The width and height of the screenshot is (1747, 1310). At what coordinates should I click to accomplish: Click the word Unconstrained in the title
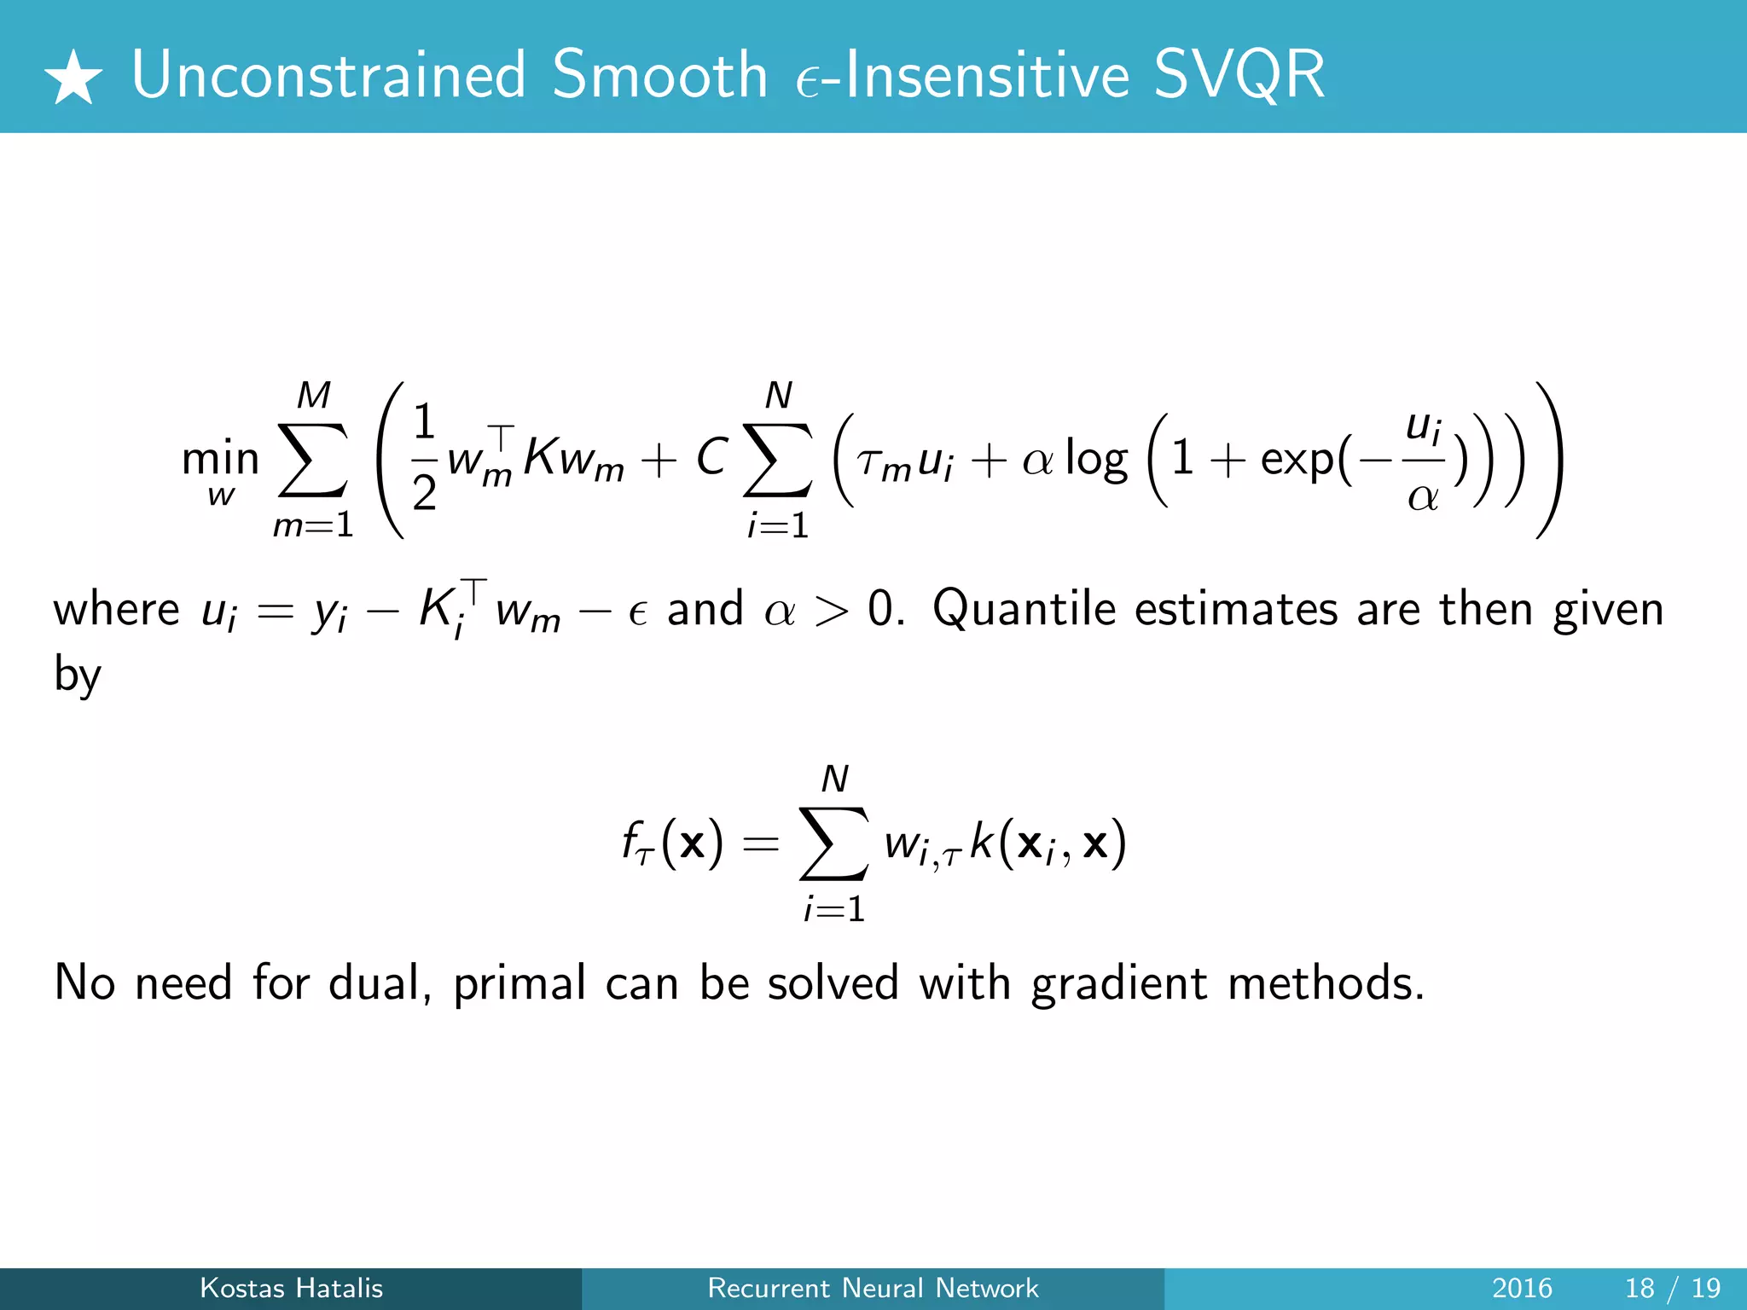[329, 75]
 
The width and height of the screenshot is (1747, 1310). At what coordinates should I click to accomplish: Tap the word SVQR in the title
[1239, 75]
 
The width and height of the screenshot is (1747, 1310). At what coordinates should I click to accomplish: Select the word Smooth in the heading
[659, 75]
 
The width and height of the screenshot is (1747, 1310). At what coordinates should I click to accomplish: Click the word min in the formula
[220, 459]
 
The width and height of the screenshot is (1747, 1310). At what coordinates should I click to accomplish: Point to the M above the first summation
[313, 396]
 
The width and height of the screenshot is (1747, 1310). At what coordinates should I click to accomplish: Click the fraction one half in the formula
[424, 458]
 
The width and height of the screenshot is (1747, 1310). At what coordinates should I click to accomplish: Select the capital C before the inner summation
[711, 458]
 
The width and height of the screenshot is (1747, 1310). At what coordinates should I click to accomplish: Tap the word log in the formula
[1096, 461]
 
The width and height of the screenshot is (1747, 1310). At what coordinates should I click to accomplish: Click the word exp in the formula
[1297, 461]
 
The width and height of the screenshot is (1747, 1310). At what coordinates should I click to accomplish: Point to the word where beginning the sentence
[116, 611]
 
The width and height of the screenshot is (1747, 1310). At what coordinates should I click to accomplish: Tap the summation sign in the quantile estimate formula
[834, 843]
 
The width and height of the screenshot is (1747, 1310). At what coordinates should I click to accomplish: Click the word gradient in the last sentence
[1118, 984]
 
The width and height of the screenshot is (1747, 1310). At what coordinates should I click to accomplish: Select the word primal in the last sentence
[519, 984]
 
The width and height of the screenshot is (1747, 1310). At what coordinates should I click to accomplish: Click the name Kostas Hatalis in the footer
[291, 1288]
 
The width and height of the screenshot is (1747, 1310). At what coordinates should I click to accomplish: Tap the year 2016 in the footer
[1522, 1288]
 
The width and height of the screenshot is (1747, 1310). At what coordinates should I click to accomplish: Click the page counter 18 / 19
[1673, 1288]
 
